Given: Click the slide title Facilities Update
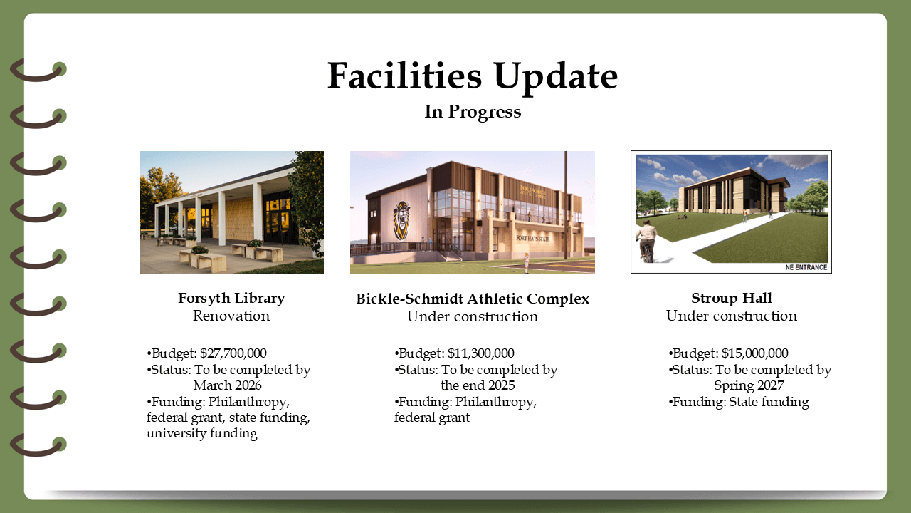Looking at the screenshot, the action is [x=473, y=76].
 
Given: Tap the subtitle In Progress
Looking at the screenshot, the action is [x=473, y=112].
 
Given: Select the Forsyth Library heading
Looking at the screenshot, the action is [x=231, y=299].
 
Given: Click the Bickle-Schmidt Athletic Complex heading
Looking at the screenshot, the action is [x=473, y=299].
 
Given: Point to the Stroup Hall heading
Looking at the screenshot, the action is [x=731, y=298].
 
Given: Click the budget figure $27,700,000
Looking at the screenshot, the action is [x=233, y=353].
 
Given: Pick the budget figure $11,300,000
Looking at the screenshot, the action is [x=480, y=353].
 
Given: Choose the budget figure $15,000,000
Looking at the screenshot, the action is [x=755, y=353].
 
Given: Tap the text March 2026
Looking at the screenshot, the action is [x=227, y=385].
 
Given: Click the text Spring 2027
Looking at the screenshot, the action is [x=749, y=385].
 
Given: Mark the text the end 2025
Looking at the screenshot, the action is [x=478, y=385].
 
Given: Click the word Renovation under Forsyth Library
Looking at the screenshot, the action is [x=231, y=316].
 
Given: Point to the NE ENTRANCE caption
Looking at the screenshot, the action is [x=806, y=267].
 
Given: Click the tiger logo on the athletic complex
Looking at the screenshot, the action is [x=402, y=220].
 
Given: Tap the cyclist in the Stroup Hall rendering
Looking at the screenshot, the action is [x=646, y=241].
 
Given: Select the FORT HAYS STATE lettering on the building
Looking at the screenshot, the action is [x=533, y=238].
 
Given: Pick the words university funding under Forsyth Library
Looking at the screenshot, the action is [x=202, y=433].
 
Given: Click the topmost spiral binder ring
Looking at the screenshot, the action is [x=38, y=71].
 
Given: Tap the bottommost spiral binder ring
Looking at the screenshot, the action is [x=38, y=446].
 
